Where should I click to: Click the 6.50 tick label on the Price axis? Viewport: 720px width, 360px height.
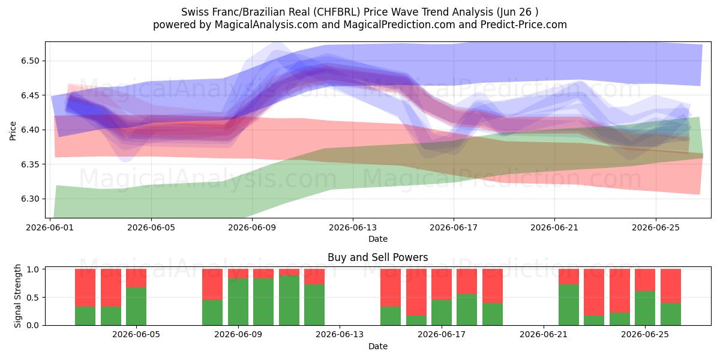pyautogui.click(x=30, y=61)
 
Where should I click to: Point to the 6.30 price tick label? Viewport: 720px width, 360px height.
pyautogui.click(x=30, y=199)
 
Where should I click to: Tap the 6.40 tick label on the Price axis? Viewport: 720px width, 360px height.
pyautogui.click(x=30, y=130)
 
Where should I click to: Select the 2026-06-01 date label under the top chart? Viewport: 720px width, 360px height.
pyautogui.click(x=50, y=227)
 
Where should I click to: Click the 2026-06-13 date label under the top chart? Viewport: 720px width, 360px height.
pyautogui.click(x=353, y=227)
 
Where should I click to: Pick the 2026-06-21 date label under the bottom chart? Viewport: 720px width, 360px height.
pyautogui.click(x=544, y=335)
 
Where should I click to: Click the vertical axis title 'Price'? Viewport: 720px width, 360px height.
pyautogui.click(x=13, y=131)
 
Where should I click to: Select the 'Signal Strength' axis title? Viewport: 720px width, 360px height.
pyautogui.click(x=17, y=296)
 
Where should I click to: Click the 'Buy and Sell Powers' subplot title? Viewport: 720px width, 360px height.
pyautogui.click(x=377, y=257)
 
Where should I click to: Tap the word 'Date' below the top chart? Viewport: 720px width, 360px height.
pyautogui.click(x=377, y=239)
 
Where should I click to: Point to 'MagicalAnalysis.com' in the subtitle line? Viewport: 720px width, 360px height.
pyautogui.click(x=266, y=25)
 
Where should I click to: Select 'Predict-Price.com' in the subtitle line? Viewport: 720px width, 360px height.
pyautogui.click(x=524, y=25)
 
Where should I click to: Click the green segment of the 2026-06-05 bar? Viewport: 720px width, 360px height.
pyautogui.click(x=136, y=307)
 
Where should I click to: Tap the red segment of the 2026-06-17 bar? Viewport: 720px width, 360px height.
pyautogui.click(x=442, y=284)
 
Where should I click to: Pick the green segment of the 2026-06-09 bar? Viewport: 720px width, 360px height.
pyautogui.click(x=238, y=302)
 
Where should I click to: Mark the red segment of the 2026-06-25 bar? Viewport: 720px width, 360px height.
pyautogui.click(x=645, y=280)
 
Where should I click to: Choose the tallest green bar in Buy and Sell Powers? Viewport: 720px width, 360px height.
pyautogui.click(x=289, y=300)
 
